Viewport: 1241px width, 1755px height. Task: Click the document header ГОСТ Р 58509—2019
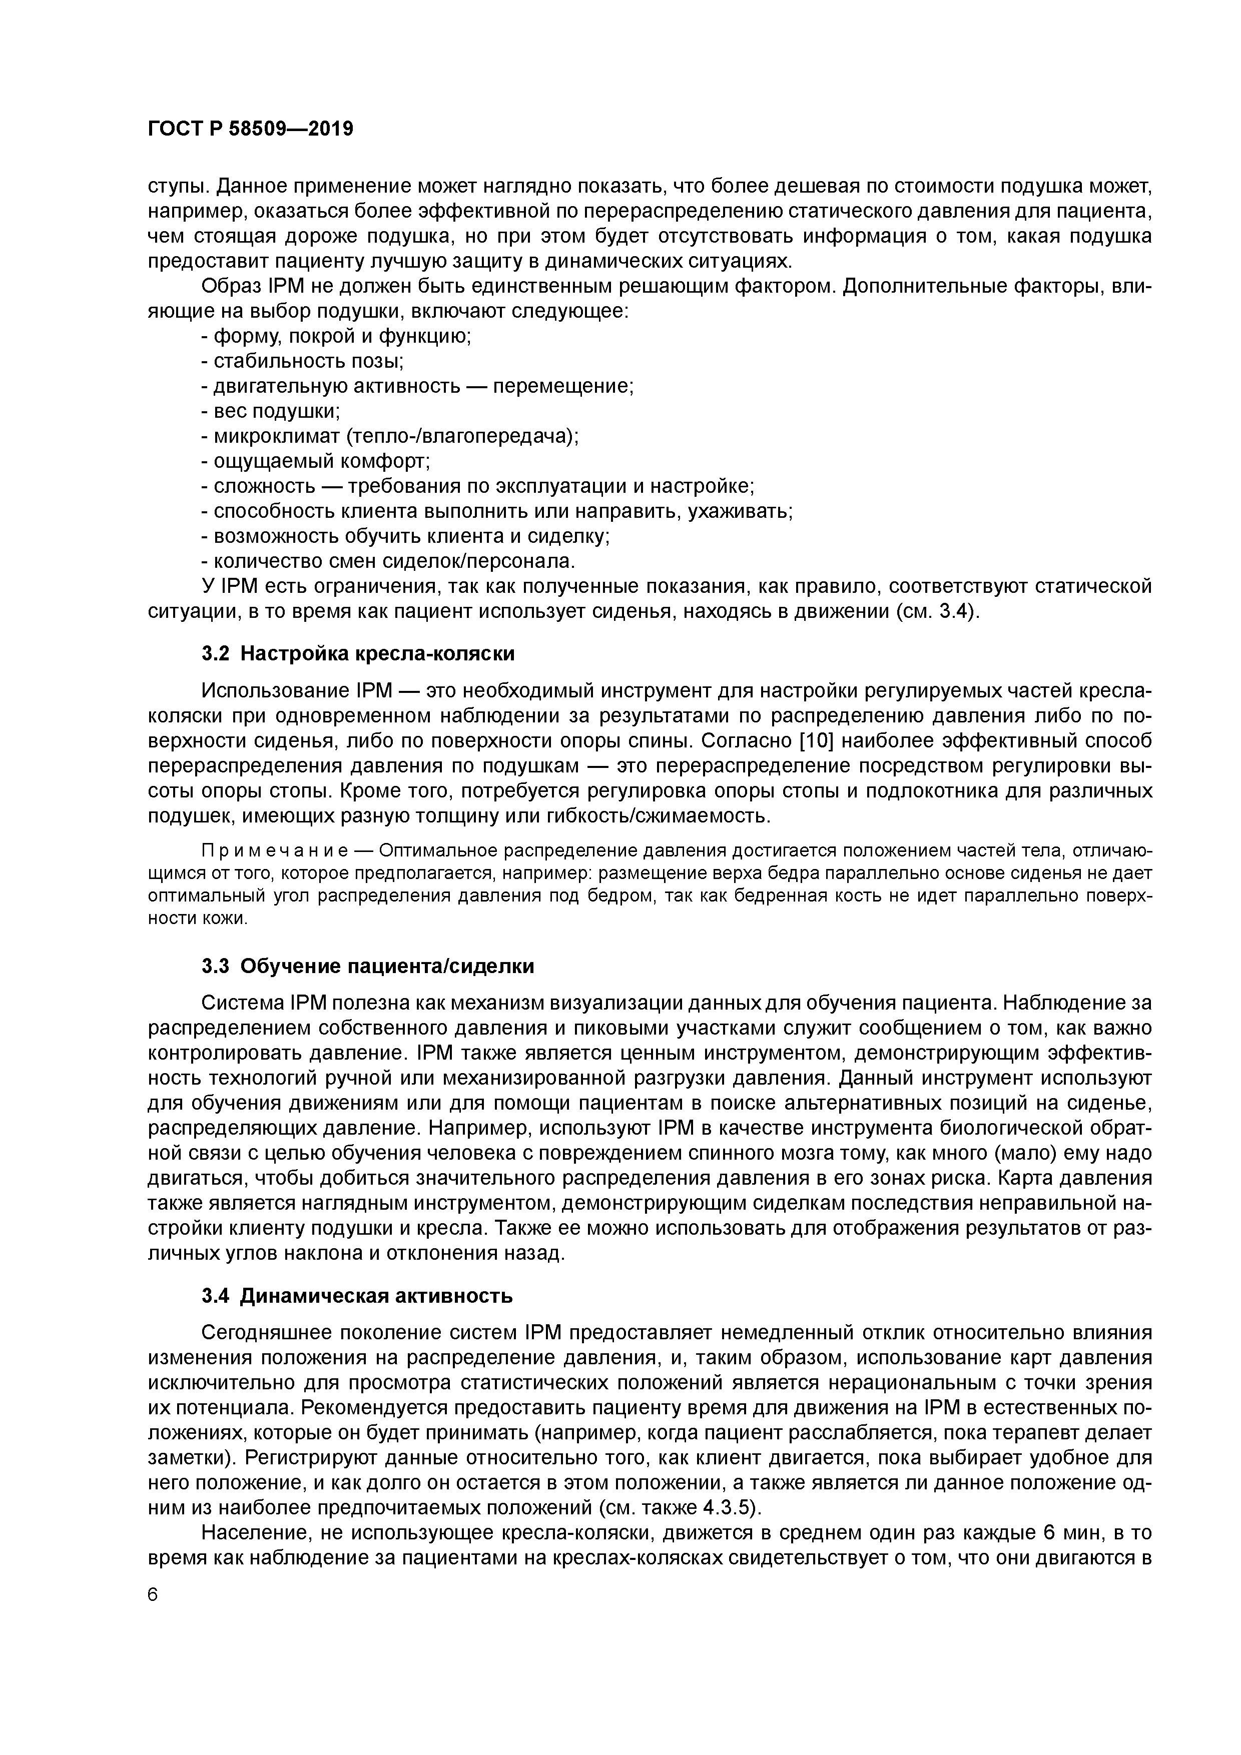pyautogui.click(x=250, y=129)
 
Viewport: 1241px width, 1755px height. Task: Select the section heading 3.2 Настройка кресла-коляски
pyautogui.click(x=358, y=653)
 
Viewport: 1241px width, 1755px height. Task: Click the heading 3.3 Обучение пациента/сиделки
pyautogui.click(x=368, y=966)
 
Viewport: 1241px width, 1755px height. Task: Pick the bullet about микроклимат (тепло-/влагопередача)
pyautogui.click(x=390, y=436)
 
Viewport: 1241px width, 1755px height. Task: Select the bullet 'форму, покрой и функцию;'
pyautogui.click(x=336, y=336)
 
